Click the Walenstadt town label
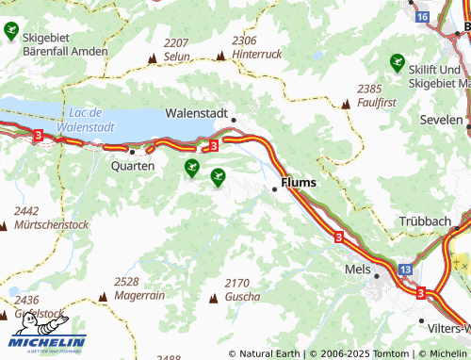(196, 113)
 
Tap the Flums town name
(299, 182)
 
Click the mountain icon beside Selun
(151, 58)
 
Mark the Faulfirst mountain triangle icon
(346, 104)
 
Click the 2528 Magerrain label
(138, 287)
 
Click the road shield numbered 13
(404, 270)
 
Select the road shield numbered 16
(421, 17)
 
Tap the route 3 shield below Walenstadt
(214, 145)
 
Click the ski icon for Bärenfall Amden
(11, 32)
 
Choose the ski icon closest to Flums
(219, 175)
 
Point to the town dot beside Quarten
(133, 151)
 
